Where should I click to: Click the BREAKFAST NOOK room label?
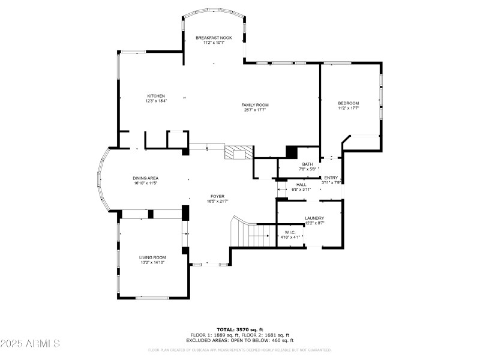coord(214,38)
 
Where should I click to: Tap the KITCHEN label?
coord(157,96)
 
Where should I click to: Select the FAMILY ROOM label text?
coord(255,105)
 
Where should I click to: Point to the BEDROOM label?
coord(348,103)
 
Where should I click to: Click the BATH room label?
coord(307,164)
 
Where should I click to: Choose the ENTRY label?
coord(331,178)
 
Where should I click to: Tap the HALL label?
coord(301,184)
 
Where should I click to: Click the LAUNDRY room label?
coord(314,218)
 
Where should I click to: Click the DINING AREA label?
coord(145,178)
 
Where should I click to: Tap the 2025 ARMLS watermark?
coord(31,344)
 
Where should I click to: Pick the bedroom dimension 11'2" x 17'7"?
coord(348,109)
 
